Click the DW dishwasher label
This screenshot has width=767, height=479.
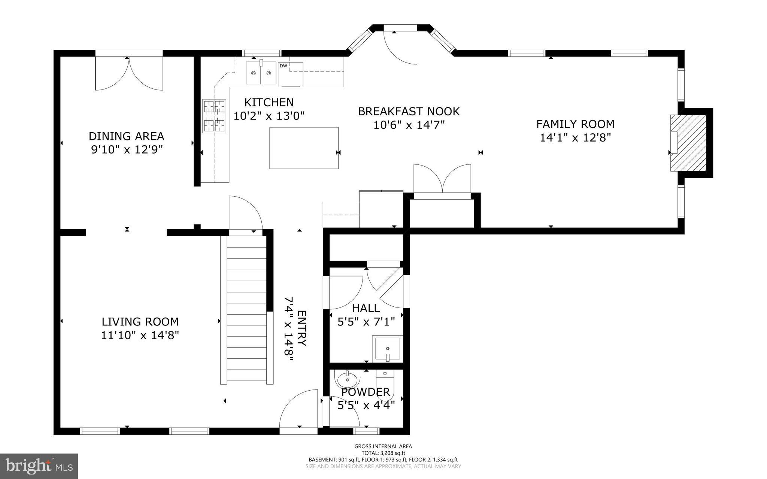tap(284, 66)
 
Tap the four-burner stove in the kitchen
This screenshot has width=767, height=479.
tap(215, 116)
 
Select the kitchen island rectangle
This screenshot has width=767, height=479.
tap(304, 148)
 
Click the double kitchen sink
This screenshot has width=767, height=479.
tap(261, 73)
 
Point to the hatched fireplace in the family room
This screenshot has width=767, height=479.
tap(688, 143)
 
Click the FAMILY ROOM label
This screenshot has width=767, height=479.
tap(575, 124)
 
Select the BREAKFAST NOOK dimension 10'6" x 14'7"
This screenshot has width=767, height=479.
tap(409, 125)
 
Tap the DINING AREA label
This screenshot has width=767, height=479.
tap(126, 136)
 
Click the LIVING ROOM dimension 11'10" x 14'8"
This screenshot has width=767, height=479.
tap(140, 335)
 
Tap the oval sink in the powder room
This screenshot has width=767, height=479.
tap(347, 381)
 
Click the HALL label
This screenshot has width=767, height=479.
tap(366, 308)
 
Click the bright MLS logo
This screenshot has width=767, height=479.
tap(39, 466)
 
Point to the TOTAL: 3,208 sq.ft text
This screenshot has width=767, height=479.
tap(383, 453)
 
